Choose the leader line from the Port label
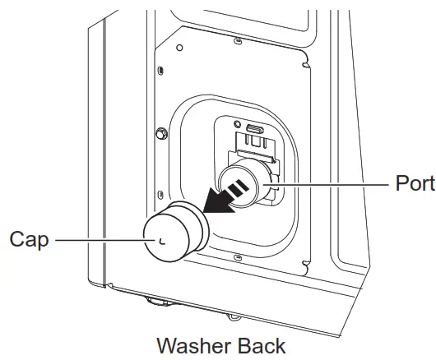pos(337,184)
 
